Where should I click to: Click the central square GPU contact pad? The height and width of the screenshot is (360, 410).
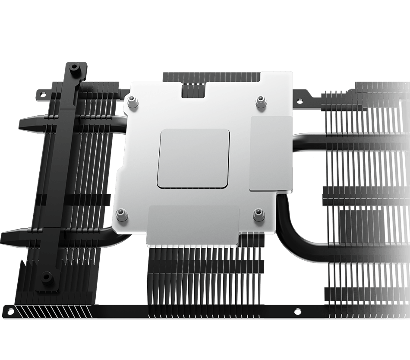point(193,158)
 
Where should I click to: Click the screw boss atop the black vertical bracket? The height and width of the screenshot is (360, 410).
point(74,68)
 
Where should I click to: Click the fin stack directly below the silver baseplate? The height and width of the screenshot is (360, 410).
point(203,276)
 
